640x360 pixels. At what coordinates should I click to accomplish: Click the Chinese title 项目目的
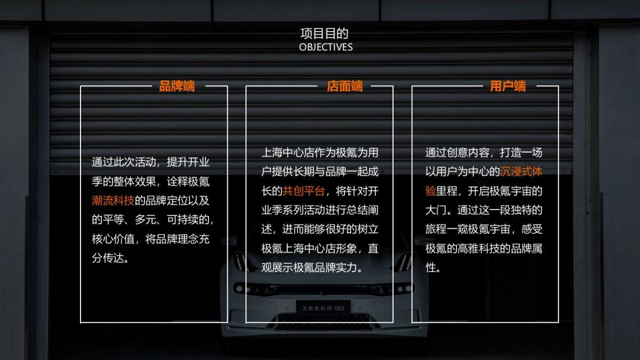[324, 34]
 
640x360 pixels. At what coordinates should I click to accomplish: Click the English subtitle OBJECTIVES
[326, 47]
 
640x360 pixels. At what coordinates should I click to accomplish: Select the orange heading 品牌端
[177, 86]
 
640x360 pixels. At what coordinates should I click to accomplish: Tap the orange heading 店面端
[345, 86]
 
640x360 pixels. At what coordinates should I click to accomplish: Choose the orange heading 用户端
[508, 86]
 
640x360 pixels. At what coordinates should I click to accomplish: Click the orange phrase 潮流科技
[113, 201]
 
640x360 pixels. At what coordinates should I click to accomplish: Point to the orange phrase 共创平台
[303, 191]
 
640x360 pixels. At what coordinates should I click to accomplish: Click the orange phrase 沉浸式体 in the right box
[521, 172]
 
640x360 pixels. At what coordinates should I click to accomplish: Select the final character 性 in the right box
[430, 268]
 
